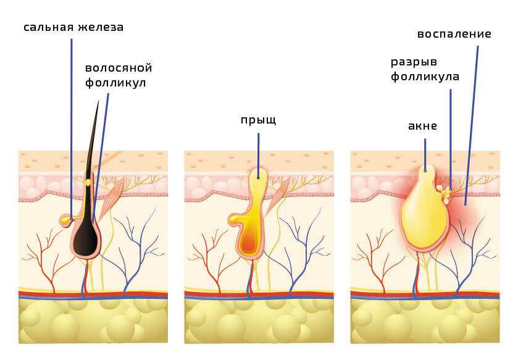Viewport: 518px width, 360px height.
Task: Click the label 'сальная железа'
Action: point(73,27)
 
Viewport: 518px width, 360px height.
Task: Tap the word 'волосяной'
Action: point(119,68)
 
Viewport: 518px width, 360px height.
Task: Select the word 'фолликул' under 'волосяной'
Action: point(115,83)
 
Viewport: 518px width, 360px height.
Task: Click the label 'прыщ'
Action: point(258,120)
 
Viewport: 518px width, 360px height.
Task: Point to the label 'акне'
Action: point(422,126)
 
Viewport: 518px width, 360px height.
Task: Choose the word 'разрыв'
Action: point(414,62)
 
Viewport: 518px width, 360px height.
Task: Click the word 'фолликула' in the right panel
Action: point(425,77)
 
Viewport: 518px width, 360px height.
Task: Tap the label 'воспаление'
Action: point(454,34)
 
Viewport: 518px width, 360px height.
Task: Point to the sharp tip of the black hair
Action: point(98,101)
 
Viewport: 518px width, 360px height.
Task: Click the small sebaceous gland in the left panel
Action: point(66,220)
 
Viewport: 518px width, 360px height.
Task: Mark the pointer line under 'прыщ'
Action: point(258,156)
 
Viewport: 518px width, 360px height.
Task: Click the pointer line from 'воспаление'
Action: point(472,125)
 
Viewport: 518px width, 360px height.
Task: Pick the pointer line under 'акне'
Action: point(425,154)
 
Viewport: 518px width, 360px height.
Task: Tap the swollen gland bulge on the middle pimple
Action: point(235,220)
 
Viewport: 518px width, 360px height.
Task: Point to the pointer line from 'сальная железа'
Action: point(72,129)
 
